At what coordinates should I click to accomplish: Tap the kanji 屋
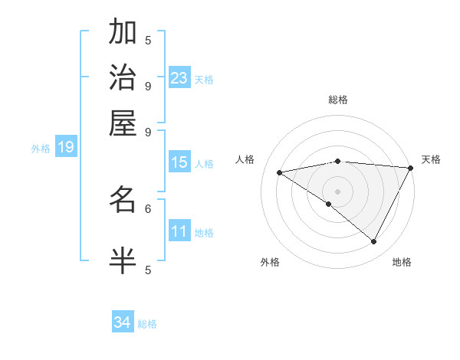coord(123,123)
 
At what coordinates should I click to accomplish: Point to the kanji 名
coord(123,200)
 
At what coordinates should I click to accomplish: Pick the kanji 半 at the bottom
coord(123,260)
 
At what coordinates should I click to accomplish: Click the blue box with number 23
coord(179,78)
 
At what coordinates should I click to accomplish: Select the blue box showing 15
coord(179,162)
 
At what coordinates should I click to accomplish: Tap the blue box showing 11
coord(179,231)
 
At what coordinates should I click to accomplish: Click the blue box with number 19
coord(66,147)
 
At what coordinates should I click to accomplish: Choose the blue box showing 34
coord(123,322)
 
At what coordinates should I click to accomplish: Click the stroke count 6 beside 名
coord(148,208)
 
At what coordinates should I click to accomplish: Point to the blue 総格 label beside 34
coord(147,324)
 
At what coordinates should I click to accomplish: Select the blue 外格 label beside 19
coord(41,149)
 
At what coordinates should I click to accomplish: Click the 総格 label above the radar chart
coord(337,100)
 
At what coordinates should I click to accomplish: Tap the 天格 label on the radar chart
coord(431,159)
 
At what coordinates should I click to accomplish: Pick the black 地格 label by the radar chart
coord(402,263)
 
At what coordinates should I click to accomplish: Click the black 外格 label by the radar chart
coord(270,263)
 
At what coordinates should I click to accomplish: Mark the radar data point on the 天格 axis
coord(411,168)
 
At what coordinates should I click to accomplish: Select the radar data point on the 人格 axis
coord(280,172)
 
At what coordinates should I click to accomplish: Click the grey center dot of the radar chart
coord(337,191)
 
